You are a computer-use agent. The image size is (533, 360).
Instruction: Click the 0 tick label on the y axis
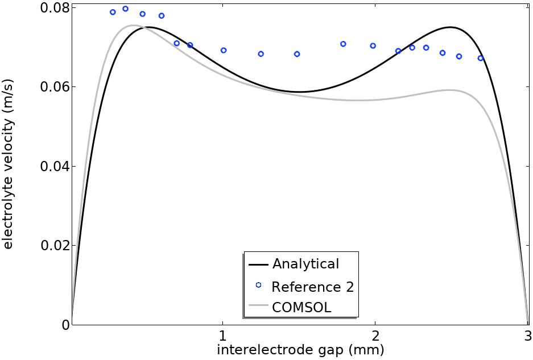click(x=65, y=325)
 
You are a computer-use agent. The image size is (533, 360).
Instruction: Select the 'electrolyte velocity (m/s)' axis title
click(x=8, y=164)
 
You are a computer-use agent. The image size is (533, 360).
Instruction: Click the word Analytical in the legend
click(x=305, y=264)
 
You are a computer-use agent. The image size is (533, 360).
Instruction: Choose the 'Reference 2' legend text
click(x=312, y=287)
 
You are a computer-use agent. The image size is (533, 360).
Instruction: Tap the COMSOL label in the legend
click(x=301, y=308)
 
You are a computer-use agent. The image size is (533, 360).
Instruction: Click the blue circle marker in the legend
click(x=258, y=285)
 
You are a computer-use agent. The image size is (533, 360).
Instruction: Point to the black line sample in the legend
click(x=258, y=264)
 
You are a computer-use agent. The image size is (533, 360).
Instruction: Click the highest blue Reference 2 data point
click(x=126, y=9)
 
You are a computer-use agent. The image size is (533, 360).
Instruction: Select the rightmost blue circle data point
click(x=481, y=58)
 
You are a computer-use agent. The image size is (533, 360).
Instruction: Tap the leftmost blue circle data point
click(x=113, y=12)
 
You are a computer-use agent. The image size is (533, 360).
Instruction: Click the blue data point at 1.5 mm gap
click(x=297, y=54)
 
